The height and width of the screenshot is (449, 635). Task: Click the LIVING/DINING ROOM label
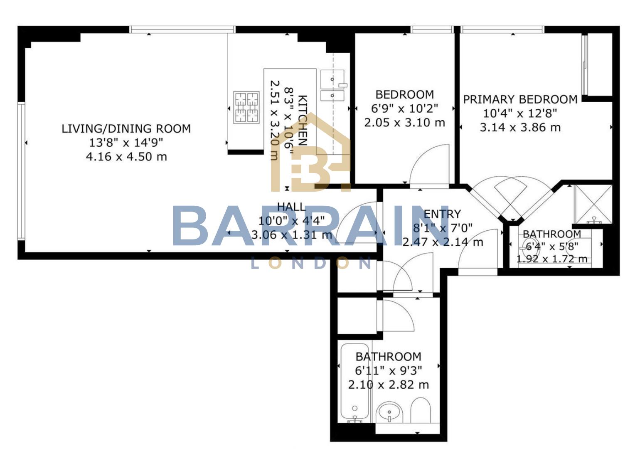[x=126, y=128]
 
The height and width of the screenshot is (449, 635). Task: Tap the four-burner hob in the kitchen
[x=246, y=107]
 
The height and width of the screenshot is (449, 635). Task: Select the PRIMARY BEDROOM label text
[x=520, y=99]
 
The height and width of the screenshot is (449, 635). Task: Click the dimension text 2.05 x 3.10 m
[x=404, y=123]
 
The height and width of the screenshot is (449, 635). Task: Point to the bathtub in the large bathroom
[x=355, y=382]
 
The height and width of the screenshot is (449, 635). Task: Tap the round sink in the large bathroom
[x=389, y=412]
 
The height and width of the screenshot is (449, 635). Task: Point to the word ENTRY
[x=442, y=214]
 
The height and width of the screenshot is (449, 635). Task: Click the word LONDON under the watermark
[x=312, y=263]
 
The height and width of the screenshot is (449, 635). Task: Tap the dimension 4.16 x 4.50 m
[x=126, y=157]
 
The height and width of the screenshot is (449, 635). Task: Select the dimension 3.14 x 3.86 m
[x=520, y=127]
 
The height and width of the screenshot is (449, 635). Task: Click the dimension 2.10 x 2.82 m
[x=388, y=385]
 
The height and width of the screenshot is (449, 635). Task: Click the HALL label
[x=291, y=207]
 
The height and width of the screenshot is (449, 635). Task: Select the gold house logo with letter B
[x=310, y=154]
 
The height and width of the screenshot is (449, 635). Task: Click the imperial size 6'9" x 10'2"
[x=404, y=109]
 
